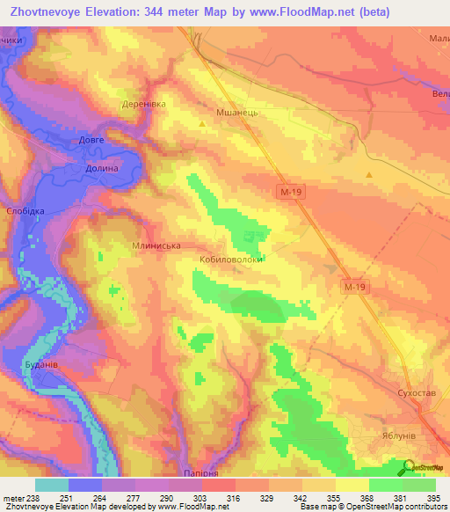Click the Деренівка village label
(x=142, y=103)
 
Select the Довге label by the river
(x=91, y=140)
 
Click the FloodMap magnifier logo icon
(x=409, y=469)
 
